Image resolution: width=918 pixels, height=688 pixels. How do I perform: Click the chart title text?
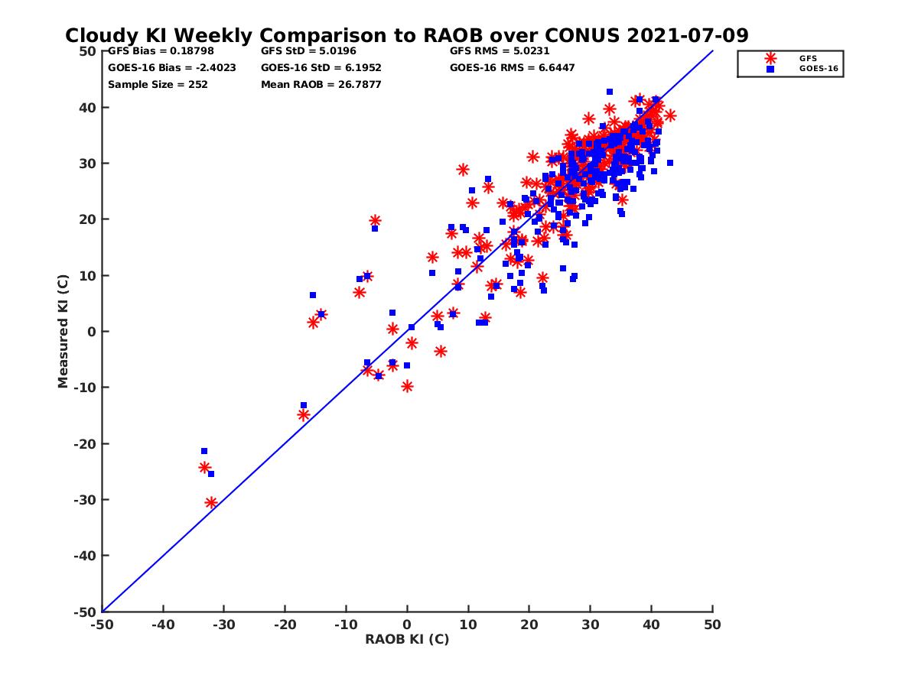pyautogui.click(x=406, y=36)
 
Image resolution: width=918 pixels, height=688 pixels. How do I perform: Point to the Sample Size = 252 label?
pyautogui.click(x=158, y=84)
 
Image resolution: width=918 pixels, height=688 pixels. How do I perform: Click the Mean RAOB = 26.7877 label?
pyautogui.click(x=321, y=84)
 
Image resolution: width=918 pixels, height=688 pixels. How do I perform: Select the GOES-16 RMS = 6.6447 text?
pyautogui.click(x=513, y=67)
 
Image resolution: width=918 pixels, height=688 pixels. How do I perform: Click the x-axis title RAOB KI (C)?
pyautogui.click(x=407, y=639)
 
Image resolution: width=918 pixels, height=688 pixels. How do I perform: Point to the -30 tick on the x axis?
pyautogui.click(x=223, y=625)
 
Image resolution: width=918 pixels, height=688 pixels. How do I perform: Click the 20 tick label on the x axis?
pyautogui.click(x=529, y=625)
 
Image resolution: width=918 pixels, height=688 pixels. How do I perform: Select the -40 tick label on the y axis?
pyautogui.click(x=84, y=556)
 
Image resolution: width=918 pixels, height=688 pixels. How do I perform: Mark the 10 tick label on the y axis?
pyautogui.click(x=88, y=275)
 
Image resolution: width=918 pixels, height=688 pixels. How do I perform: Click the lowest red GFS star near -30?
pyautogui.click(x=211, y=502)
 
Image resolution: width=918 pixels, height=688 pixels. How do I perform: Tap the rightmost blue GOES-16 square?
pyautogui.click(x=670, y=163)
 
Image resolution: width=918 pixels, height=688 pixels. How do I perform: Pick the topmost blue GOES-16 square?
pyautogui.click(x=610, y=92)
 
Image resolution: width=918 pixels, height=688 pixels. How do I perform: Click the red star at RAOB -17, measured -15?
pyautogui.click(x=304, y=415)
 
